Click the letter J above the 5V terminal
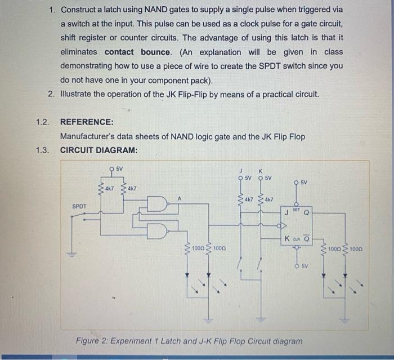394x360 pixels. click(241, 171)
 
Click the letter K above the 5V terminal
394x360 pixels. click(260, 171)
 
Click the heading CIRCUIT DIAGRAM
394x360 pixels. click(98, 150)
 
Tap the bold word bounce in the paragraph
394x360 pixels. click(155, 52)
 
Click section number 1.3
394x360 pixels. click(42, 150)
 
